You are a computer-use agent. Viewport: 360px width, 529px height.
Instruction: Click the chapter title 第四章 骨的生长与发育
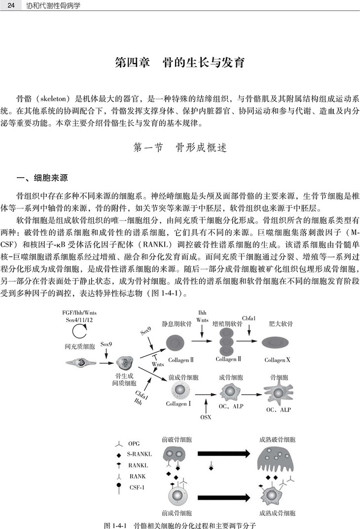[180, 64]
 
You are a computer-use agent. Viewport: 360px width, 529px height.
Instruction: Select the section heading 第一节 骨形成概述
[180, 148]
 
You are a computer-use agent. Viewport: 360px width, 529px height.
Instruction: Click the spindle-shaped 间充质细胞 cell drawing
[81, 363]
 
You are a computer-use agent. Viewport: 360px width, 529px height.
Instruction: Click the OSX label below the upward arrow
[206, 417]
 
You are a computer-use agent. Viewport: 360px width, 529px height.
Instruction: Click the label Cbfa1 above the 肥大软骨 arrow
[249, 318]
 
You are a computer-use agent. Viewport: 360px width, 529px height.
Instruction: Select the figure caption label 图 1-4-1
[116, 524]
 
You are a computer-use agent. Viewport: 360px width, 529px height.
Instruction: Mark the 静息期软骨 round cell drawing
[175, 342]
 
